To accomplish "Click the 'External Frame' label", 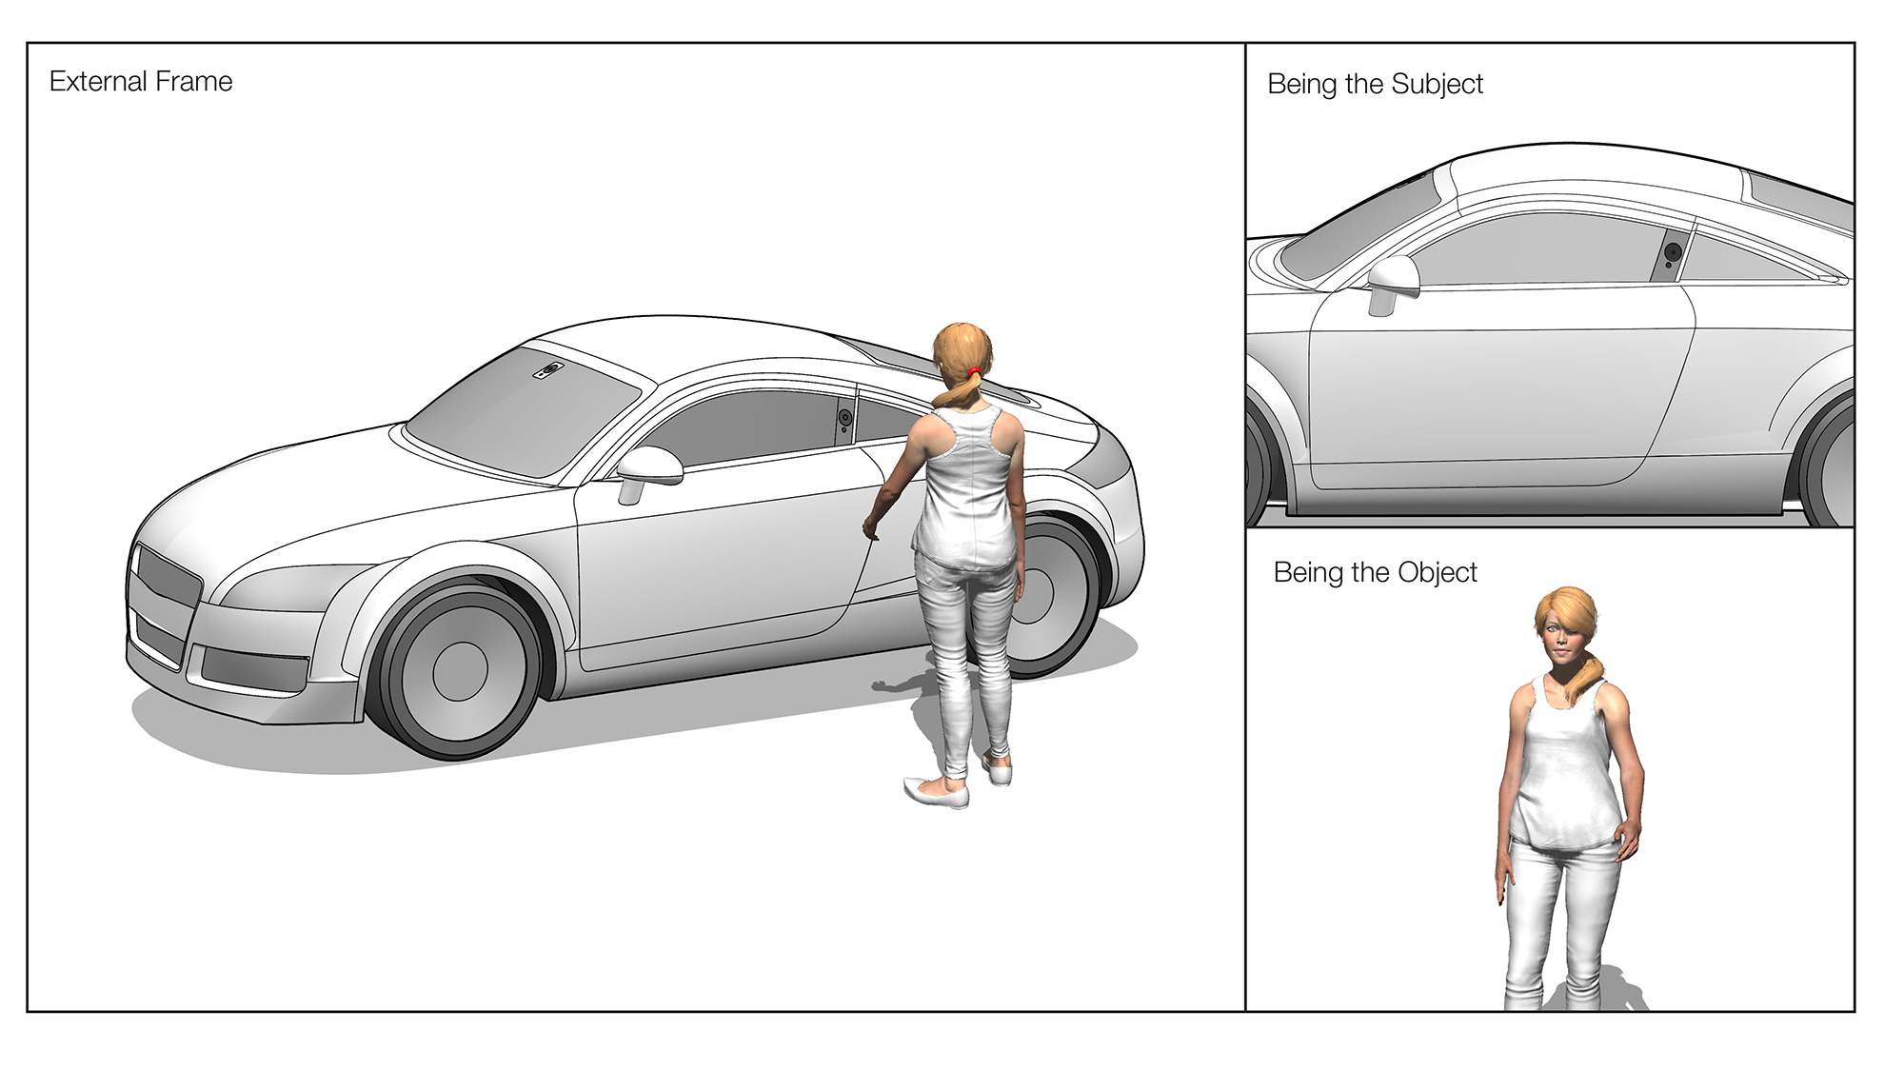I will click(x=141, y=82).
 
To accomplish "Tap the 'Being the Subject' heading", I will click(x=1375, y=84).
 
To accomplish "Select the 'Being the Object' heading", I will click(x=1375, y=572).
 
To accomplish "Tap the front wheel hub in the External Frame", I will click(x=460, y=670).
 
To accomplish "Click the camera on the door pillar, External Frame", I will click(x=844, y=419).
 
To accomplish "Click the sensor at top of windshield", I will click(x=549, y=370).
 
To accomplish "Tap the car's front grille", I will click(x=169, y=577).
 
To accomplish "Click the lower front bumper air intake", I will click(x=253, y=667).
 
